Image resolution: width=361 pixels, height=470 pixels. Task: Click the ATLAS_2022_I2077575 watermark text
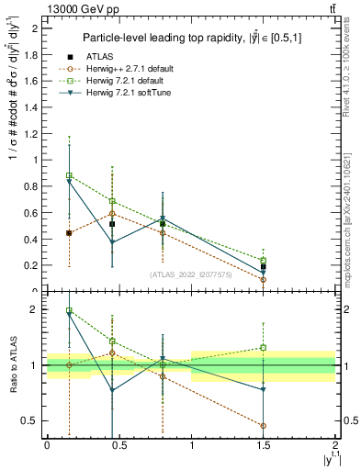[190, 274]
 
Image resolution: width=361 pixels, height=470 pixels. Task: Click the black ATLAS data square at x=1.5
[264, 267]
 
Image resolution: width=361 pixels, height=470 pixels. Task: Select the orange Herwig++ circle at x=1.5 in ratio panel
[264, 426]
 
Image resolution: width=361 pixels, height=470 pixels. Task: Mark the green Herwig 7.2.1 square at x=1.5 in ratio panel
[264, 348]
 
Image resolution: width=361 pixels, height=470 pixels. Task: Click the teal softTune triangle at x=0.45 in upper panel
[112, 242]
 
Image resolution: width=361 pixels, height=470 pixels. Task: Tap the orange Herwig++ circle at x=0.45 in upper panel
[112, 214]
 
